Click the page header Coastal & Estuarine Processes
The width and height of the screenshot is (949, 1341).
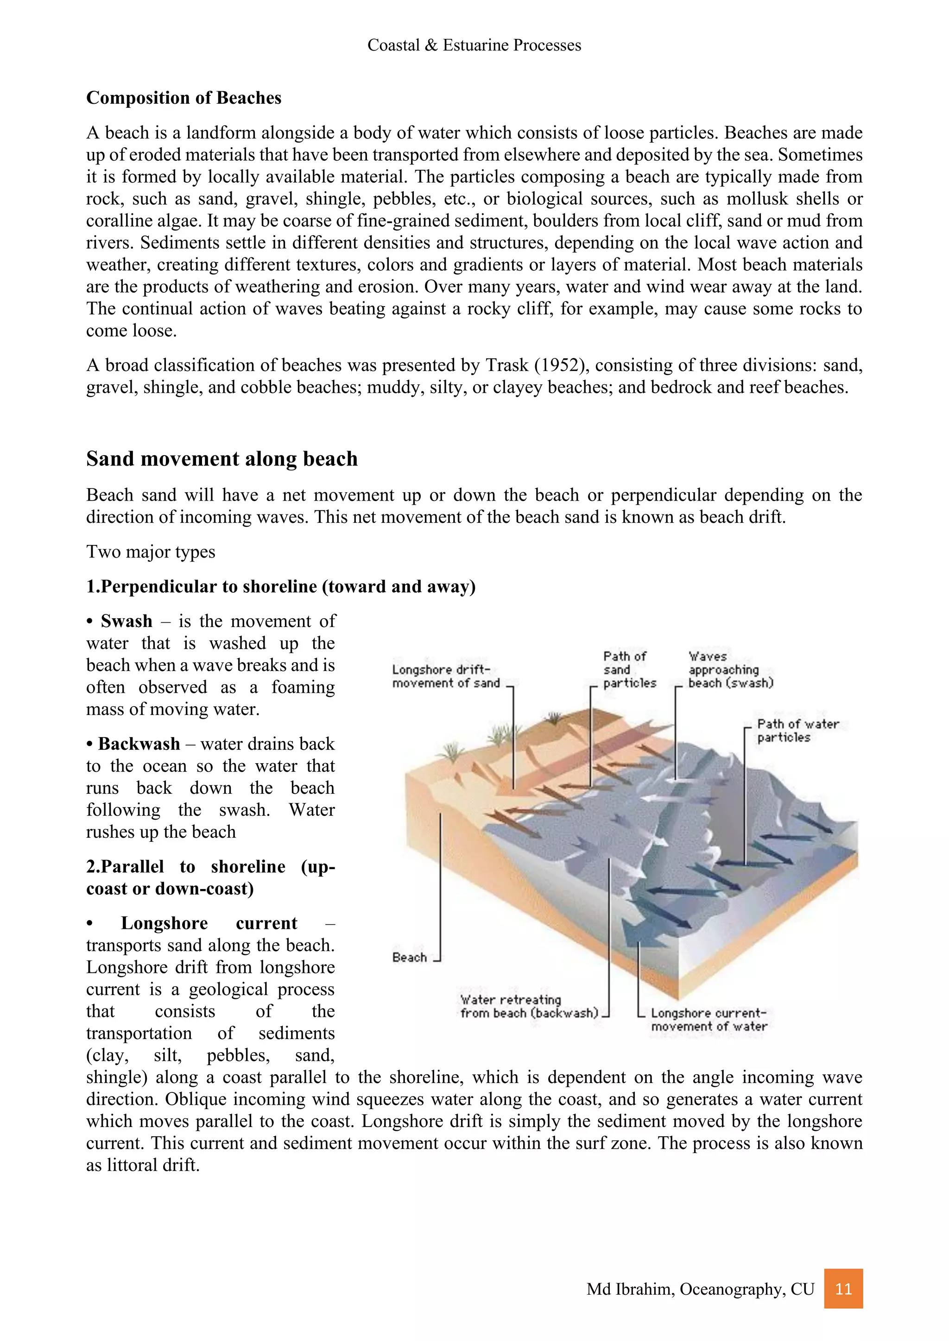coord(474,45)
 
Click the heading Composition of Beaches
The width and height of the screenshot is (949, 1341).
coord(183,98)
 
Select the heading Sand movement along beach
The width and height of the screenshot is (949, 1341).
coord(221,458)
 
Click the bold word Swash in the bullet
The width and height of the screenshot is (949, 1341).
coord(126,621)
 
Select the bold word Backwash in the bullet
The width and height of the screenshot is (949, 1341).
coord(139,744)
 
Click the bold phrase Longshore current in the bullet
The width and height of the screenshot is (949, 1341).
coord(209,923)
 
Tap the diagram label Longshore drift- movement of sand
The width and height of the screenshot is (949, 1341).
coord(446,677)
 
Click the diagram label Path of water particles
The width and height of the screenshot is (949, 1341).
coord(797,730)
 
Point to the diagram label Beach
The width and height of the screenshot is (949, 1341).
coord(409,957)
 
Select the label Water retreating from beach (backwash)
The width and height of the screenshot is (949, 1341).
coord(529,1006)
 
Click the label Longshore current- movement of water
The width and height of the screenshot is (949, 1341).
coord(708,1020)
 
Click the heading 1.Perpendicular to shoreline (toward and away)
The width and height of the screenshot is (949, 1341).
coord(280,586)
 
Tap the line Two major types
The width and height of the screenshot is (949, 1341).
coord(151,552)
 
